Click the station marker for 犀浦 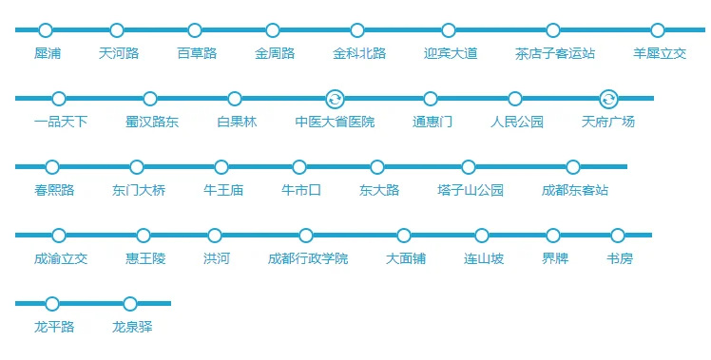coord(46,30)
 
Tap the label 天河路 coord(118,53)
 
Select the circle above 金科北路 coord(357,30)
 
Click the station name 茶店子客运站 coord(554,53)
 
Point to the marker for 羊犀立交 coord(658,30)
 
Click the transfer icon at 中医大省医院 coord(335,99)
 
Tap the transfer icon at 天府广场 coord(608,99)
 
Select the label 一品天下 coord(60,122)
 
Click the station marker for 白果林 coord(235,99)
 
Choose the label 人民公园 coord(516,122)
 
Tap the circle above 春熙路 coord(52,167)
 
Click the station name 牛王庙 coord(222,190)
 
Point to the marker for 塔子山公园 coord(469,167)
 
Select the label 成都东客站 coord(574,190)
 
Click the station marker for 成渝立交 coord(59,236)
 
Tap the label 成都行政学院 coord(307,258)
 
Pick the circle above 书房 coord(618,236)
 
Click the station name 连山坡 coord(483,258)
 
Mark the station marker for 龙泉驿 coord(130,304)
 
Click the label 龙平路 coord(53,327)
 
